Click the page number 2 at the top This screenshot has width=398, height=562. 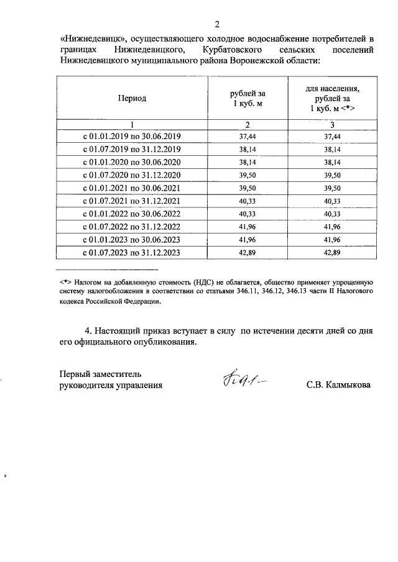pyautogui.click(x=217, y=24)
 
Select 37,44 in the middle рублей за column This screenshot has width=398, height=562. pyautogui.click(x=247, y=136)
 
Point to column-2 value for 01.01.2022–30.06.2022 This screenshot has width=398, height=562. pyautogui.click(x=247, y=214)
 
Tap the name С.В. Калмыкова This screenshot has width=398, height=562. pyautogui.click(x=338, y=385)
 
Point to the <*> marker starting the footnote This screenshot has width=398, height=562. pyautogui.click(x=64, y=281)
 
